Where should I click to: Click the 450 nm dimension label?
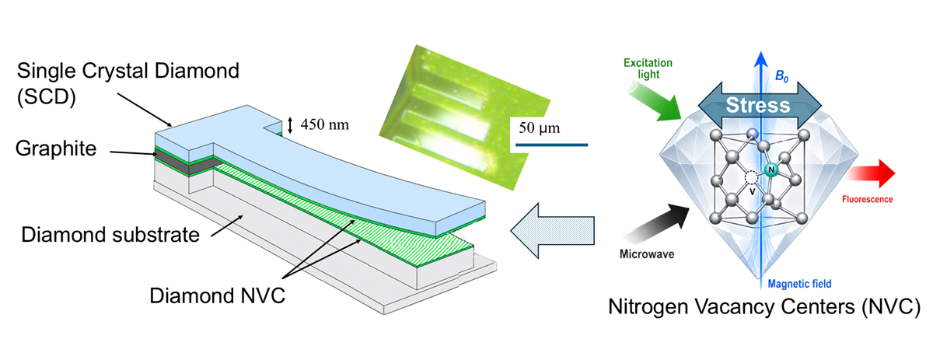[x=325, y=124]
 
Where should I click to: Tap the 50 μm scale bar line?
[x=551, y=145]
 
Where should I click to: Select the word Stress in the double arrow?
[x=758, y=105]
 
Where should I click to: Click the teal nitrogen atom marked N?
[x=771, y=170]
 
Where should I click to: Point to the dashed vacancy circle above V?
[x=751, y=178]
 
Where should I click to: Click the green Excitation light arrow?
[x=653, y=101]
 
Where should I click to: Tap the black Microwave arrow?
[x=658, y=223]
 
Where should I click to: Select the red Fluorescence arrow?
[x=872, y=173]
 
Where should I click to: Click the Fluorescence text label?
[x=867, y=200]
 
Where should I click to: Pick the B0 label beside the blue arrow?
[x=781, y=77]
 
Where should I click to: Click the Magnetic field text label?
[x=800, y=284]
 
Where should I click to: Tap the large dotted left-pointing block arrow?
[x=552, y=230]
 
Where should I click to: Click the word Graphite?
[x=56, y=149]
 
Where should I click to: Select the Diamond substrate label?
[x=110, y=235]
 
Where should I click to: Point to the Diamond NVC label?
[x=217, y=295]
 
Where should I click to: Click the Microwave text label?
[x=647, y=254]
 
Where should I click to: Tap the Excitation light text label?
[x=648, y=68]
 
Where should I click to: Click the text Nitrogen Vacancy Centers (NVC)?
[x=764, y=307]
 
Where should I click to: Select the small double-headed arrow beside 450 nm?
[x=290, y=125]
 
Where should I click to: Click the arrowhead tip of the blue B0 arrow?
[x=761, y=51]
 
